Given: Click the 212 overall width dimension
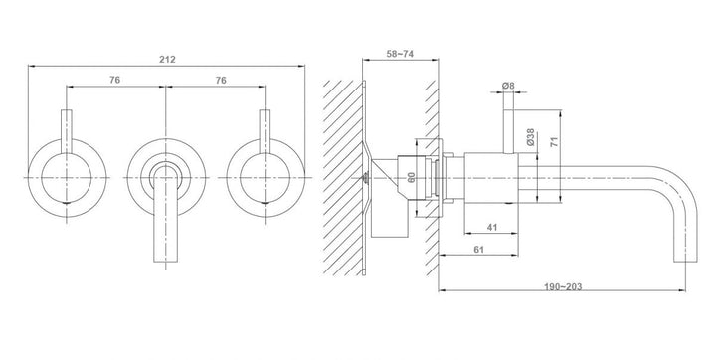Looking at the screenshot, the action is click(x=168, y=60).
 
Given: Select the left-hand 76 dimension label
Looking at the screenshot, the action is click(x=114, y=80).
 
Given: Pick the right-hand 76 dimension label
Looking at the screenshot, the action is click(x=221, y=80).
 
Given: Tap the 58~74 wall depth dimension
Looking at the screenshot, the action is click(x=400, y=54).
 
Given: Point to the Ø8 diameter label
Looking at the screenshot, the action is click(x=508, y=86).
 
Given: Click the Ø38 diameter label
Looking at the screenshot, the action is click(x=530, y=137).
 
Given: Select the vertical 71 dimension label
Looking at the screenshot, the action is click(x=554, y=141).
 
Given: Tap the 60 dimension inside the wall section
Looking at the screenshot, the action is click(x=411, y=177).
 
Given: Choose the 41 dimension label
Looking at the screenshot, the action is click(x=492, y=227).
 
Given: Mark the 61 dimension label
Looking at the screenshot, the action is click(x=478, y=250).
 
